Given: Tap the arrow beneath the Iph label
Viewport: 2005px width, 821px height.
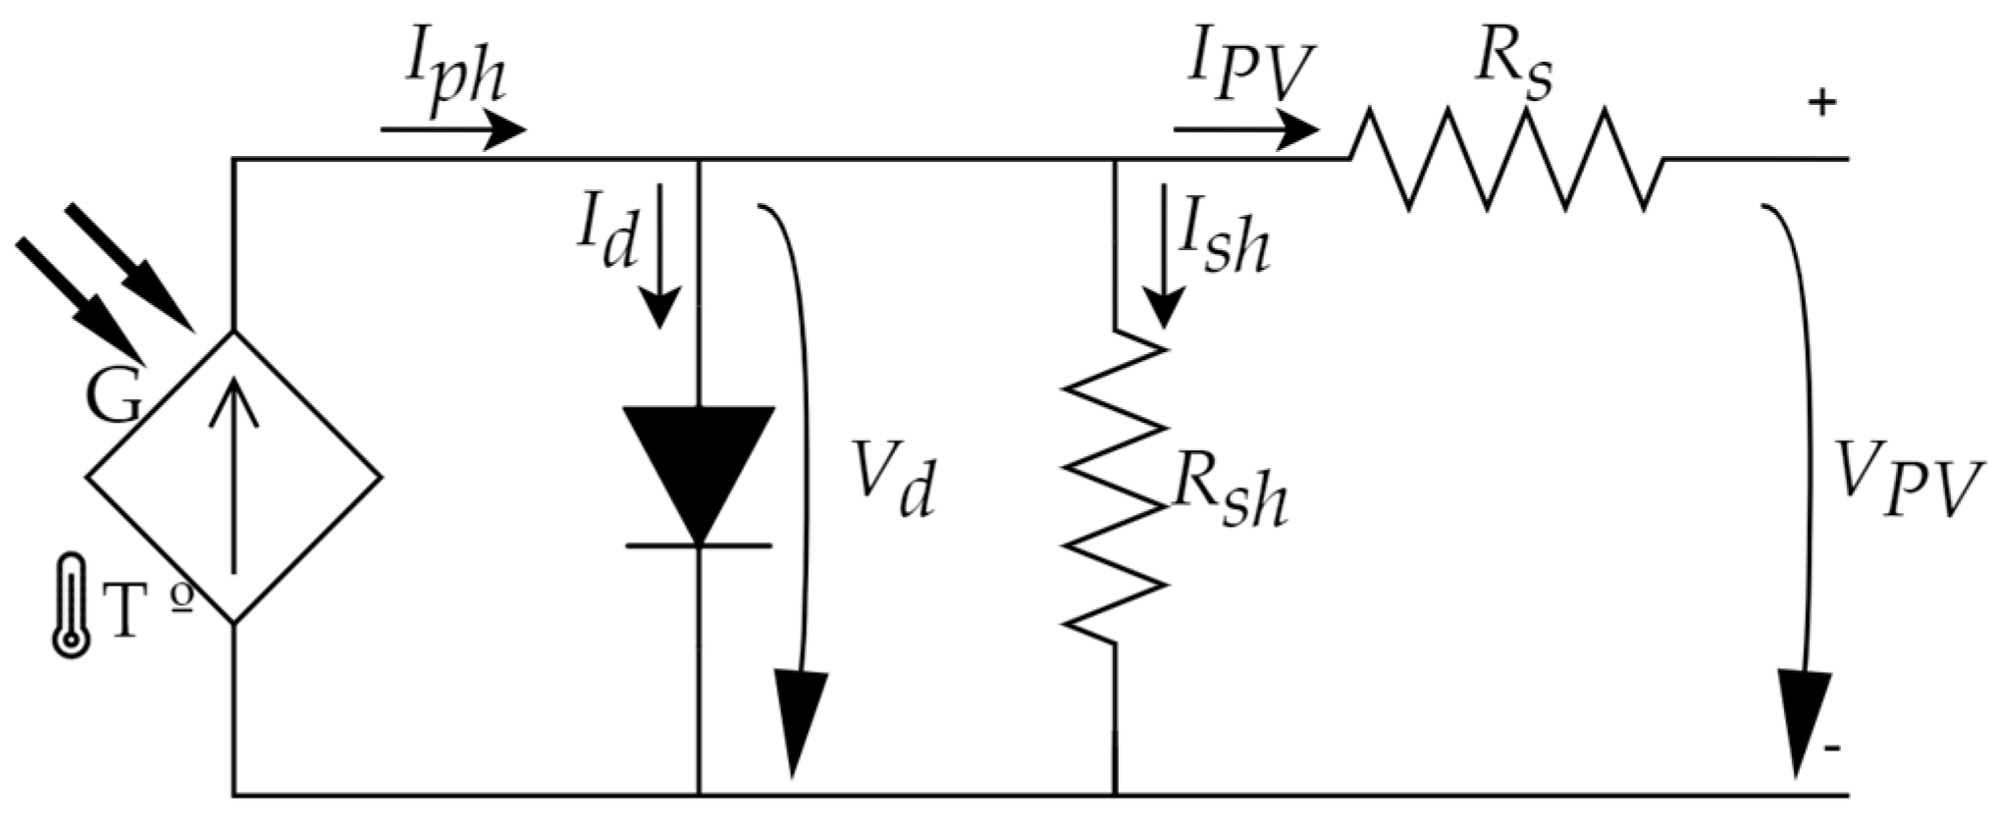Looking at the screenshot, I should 453,130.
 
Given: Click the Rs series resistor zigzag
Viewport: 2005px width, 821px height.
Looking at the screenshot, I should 1506,159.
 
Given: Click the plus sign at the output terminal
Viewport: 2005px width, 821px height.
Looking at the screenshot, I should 1821,103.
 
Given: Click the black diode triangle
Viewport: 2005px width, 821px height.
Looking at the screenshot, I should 699,471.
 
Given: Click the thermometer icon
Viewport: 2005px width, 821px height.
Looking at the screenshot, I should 71,605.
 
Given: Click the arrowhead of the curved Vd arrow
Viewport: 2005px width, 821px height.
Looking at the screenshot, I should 802,721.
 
